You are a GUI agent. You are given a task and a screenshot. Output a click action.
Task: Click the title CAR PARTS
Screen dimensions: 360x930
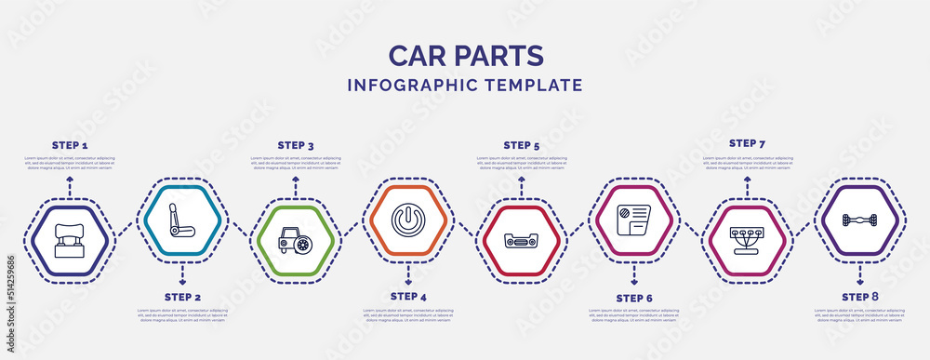tap(465, 55)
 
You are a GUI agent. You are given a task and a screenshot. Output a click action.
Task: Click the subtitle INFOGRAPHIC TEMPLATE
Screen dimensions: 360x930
tap(465, 85)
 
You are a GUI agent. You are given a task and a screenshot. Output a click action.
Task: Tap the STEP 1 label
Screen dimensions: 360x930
tap(70, 146)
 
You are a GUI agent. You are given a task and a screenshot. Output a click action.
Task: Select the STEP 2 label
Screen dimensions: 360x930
tap(182, 297)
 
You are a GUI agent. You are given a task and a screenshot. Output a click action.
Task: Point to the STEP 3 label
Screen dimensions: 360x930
tap(296, 145)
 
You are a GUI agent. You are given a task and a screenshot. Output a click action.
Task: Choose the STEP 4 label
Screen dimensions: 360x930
tap(408, 296)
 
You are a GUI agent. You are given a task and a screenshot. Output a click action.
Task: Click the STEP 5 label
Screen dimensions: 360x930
tap(522, 145)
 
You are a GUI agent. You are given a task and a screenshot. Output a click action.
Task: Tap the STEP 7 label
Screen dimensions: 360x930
tap(747, 143)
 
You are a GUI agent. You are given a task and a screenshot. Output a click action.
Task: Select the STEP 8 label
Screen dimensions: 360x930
tap(860, 296)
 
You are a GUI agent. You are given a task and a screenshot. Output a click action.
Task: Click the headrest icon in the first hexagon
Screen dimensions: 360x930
tap(70, 240)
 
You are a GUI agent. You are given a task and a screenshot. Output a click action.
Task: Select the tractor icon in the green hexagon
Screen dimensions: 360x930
tap(296, 240)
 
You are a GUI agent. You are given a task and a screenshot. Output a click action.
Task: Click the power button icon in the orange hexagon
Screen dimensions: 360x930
tap(408, 220)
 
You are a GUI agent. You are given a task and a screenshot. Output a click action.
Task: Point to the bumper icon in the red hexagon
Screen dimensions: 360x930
tap(522, 240)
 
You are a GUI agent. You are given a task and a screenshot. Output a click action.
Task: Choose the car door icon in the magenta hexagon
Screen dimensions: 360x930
tap(634, 220)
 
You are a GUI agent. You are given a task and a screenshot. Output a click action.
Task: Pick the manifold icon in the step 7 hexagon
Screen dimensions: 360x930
tap(747, 240)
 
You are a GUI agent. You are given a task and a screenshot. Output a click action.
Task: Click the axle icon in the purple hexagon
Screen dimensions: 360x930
tap(860, 220)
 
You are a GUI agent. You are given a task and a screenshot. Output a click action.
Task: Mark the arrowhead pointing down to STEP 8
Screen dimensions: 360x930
tap(860, 280)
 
